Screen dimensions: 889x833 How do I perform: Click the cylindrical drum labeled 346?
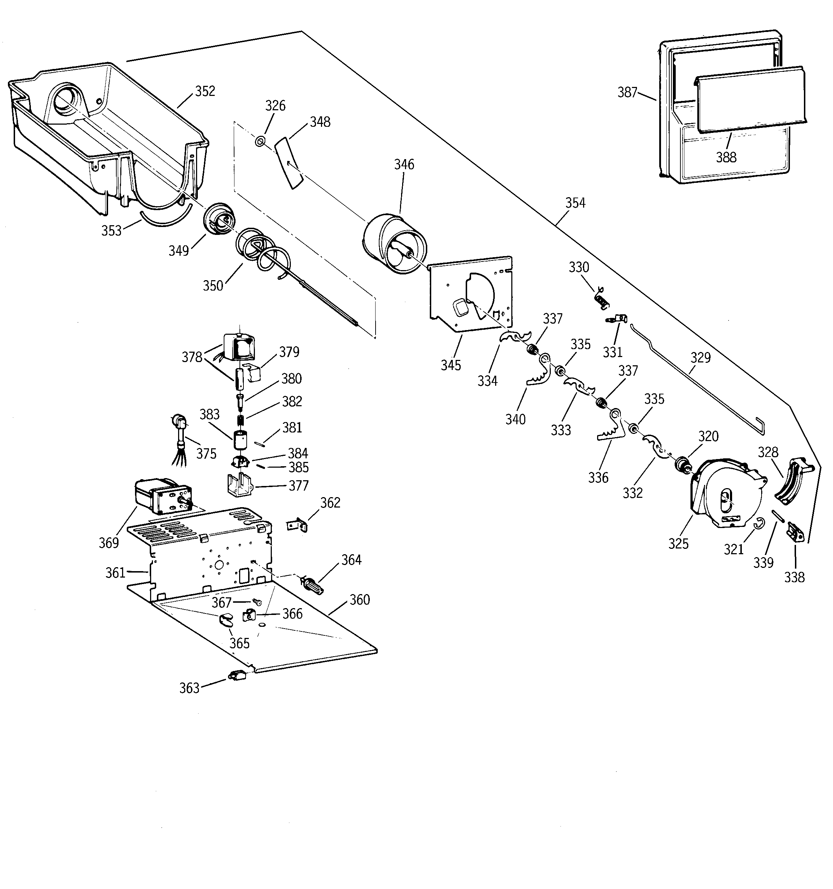click(394, 244)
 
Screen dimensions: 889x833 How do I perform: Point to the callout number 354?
click(575, 203)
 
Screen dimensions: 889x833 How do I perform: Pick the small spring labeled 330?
click(602, 298)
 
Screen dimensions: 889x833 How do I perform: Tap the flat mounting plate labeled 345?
click(470, 295)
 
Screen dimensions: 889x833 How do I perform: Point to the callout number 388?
click(726, 157)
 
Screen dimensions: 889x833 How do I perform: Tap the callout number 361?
click(115, 573)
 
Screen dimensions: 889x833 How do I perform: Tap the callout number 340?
click(515, 420)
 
